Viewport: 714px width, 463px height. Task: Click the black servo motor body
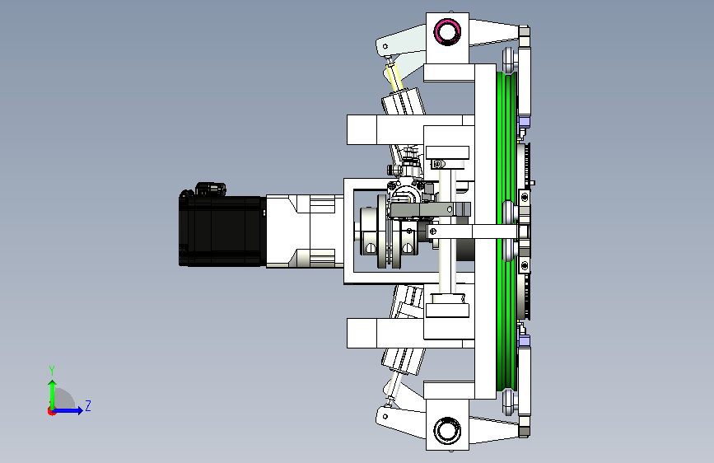tap(222, 230)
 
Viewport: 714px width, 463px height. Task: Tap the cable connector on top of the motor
tap(210, 189)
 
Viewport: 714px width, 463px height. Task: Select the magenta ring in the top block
tap(447, 31)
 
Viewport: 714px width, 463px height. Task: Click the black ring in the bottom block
tap(447, 430)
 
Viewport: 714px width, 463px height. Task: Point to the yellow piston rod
tap(394, 77)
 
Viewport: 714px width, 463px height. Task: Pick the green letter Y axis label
tap(52, 370)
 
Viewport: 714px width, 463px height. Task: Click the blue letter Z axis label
tap(88, 405)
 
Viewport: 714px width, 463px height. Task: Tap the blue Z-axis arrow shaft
tap(67, 410)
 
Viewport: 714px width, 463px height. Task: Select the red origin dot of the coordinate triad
tap(51, 411)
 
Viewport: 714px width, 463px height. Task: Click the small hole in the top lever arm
tap(385, 46)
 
